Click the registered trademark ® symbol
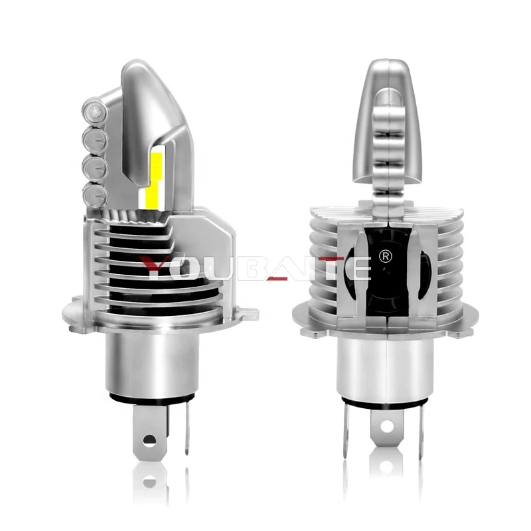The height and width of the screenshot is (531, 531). click(x=384, y=255)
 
